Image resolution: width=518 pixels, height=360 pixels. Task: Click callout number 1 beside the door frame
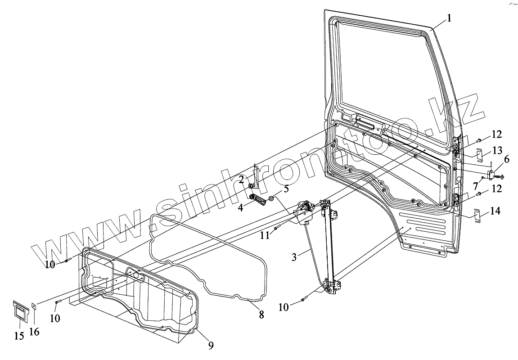tap(449, 18)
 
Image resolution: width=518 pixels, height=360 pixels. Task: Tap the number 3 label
tap(294, 257)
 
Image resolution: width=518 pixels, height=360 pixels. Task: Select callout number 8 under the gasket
tap(261, 315)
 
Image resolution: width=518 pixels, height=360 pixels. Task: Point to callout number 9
tap(211, 346)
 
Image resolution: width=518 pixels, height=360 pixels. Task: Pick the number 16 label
tap(34, 332)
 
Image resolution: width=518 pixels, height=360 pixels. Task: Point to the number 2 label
tap(242, 180)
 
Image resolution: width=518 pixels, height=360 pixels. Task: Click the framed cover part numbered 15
tap(20, 311)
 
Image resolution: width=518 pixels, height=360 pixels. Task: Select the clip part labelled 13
tap(480, 154)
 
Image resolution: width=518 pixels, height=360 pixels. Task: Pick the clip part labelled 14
tap(478, 216)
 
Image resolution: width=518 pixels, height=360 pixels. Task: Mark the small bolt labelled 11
tap(277, 228)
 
